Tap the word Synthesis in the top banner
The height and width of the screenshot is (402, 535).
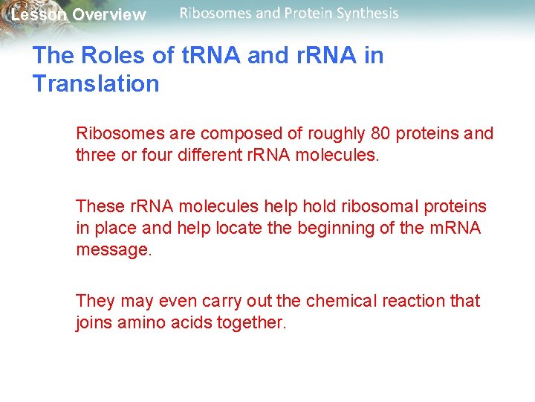click(x=369, y=13)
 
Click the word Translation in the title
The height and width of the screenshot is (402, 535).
click(x=96, y=83)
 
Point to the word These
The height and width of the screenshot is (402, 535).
click(x=97, y=206)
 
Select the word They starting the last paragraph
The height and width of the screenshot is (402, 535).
click(x=94, y=301)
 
